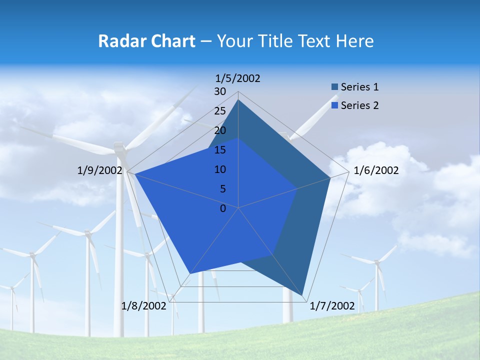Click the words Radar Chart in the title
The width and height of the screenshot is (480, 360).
(146, 41)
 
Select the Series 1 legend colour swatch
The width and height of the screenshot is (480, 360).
(334, 87)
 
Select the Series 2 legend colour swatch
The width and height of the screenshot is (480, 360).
(334, 105)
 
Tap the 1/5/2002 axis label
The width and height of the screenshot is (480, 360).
(238, 78)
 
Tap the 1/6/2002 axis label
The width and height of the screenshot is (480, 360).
(376, 170)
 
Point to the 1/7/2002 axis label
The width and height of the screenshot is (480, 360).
(332, 306)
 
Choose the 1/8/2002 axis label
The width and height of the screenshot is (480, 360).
(143, 306)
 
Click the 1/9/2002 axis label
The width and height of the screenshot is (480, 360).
(100, 170)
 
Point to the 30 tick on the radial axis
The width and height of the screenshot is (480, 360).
(220, 91)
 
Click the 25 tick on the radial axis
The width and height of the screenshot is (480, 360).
(220, 111)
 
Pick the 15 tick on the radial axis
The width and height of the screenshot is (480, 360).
(220, 150)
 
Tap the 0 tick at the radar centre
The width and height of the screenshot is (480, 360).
(223, 208)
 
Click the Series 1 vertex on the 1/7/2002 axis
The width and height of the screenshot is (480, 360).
(302, 295)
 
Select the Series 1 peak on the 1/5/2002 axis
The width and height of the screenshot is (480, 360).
(238, 99)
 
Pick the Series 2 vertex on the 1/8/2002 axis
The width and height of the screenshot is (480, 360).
(190, 273)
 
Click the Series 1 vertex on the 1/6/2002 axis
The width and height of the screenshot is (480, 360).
(330, 178)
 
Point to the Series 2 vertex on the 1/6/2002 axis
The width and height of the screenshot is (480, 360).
(297, 189)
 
